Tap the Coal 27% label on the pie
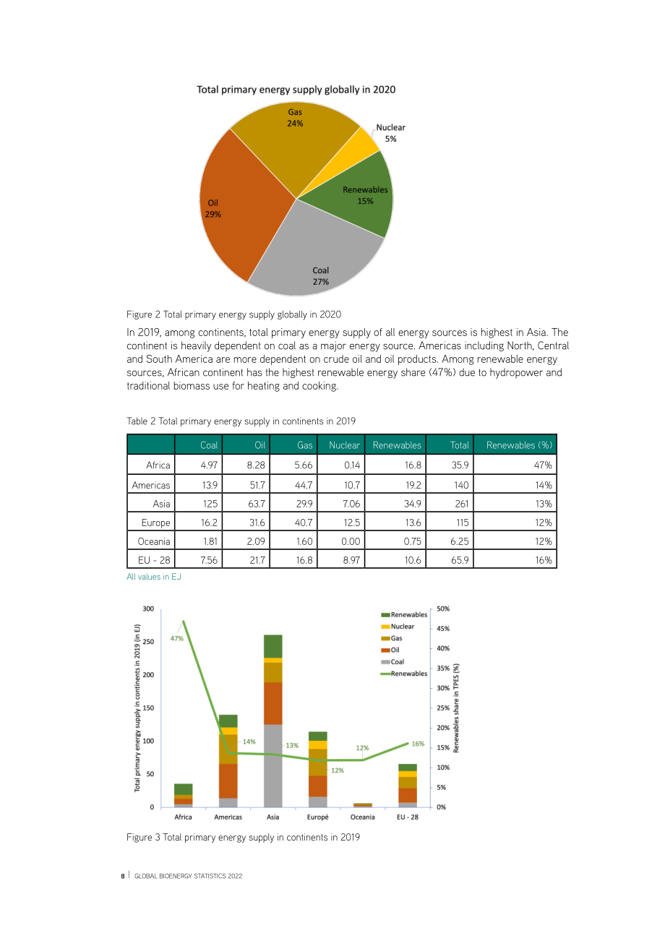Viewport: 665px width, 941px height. click(x=320, y=276)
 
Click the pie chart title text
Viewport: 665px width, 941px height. click(x=296, y=90)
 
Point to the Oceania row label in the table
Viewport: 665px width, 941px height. click(x=154, y=541)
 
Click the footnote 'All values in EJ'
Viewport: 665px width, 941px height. click(x=154, y=577)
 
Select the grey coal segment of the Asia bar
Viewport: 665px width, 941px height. click(x=273, y=765)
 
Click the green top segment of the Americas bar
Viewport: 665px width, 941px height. click(x=228, y=721)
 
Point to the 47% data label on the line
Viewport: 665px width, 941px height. click(x=177, y=639)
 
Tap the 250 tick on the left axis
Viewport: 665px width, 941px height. click(x=148, y=642)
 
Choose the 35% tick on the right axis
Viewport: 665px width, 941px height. click(x=443, y=668)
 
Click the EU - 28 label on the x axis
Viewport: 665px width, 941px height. click(x=408, y=817)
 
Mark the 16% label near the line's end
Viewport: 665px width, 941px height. click(x=418, y=744)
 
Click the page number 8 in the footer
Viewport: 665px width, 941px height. click(x=123, y=876)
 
